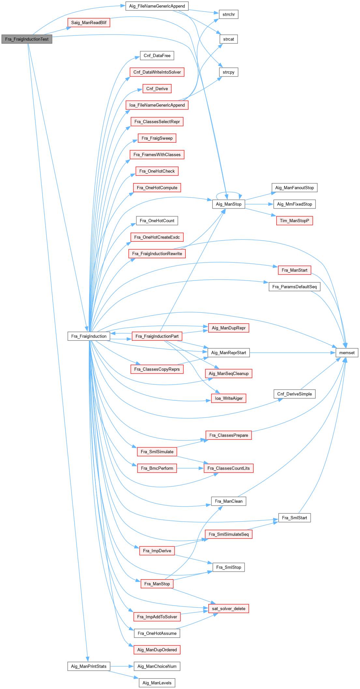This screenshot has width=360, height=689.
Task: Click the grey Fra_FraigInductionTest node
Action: (x=27, y=39)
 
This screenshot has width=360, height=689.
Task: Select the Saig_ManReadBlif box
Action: (x=89, y=22)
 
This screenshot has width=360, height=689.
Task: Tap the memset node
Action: (x=347, y=352)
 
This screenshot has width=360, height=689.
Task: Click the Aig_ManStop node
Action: (x=228, y=204)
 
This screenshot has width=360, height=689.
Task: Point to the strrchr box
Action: (x=228, y=14)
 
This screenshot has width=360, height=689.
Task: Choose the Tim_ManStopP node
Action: (x=294, y=221)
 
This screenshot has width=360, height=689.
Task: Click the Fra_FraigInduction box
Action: (x=89, y=336)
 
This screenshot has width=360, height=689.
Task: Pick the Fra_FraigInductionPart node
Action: (x=157, y=336)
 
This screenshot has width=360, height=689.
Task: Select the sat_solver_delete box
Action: (x=228, y=609)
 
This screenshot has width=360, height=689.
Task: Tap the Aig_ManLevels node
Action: (x=157, y=683)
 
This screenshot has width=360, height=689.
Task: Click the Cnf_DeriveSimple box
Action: (x=294, y=394)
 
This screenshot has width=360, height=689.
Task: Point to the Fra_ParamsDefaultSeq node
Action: (x=294, y=287)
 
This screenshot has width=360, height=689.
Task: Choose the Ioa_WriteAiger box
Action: (x=228, y=398)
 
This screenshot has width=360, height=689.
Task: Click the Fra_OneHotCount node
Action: (x=157, y=221)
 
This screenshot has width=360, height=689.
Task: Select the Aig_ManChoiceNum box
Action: (x=157, y=666)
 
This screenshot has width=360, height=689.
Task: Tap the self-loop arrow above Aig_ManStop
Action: (x=229, y=193)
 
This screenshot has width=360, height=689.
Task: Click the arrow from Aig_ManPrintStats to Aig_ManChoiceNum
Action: (x=122, y=666)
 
